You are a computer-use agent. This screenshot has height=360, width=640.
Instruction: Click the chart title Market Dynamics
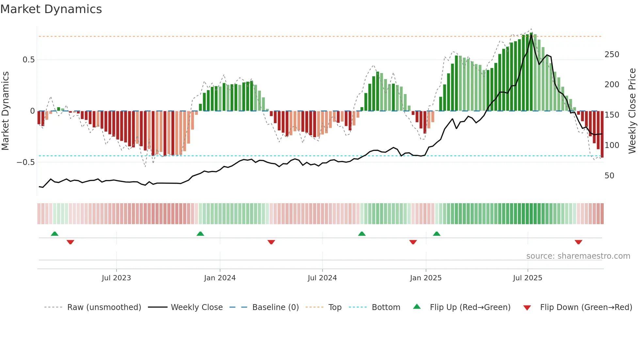(51, 9)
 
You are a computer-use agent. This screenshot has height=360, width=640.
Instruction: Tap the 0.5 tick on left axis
(28, 60)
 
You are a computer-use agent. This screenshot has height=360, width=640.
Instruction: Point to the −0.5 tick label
(25, 162)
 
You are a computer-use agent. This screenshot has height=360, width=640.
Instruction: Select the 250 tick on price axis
(612, 55)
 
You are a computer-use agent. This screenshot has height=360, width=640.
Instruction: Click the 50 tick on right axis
(609, 176)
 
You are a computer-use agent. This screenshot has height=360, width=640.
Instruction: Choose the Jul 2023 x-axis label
(116, 278)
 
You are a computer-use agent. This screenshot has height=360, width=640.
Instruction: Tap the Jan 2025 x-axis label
(425, 278)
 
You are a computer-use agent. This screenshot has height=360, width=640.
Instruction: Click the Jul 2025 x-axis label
(527, 278)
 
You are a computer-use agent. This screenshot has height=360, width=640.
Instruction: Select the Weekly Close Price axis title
(632, 111)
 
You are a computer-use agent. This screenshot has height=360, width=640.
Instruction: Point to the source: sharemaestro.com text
(578, 256)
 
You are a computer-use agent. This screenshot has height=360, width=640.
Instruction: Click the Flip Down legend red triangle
(527, 308)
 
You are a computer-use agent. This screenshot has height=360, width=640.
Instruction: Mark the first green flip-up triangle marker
(55, 234)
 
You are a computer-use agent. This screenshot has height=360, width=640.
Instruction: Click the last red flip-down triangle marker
(578, 242)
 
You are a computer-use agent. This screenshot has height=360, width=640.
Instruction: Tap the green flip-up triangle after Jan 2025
(437, 234)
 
